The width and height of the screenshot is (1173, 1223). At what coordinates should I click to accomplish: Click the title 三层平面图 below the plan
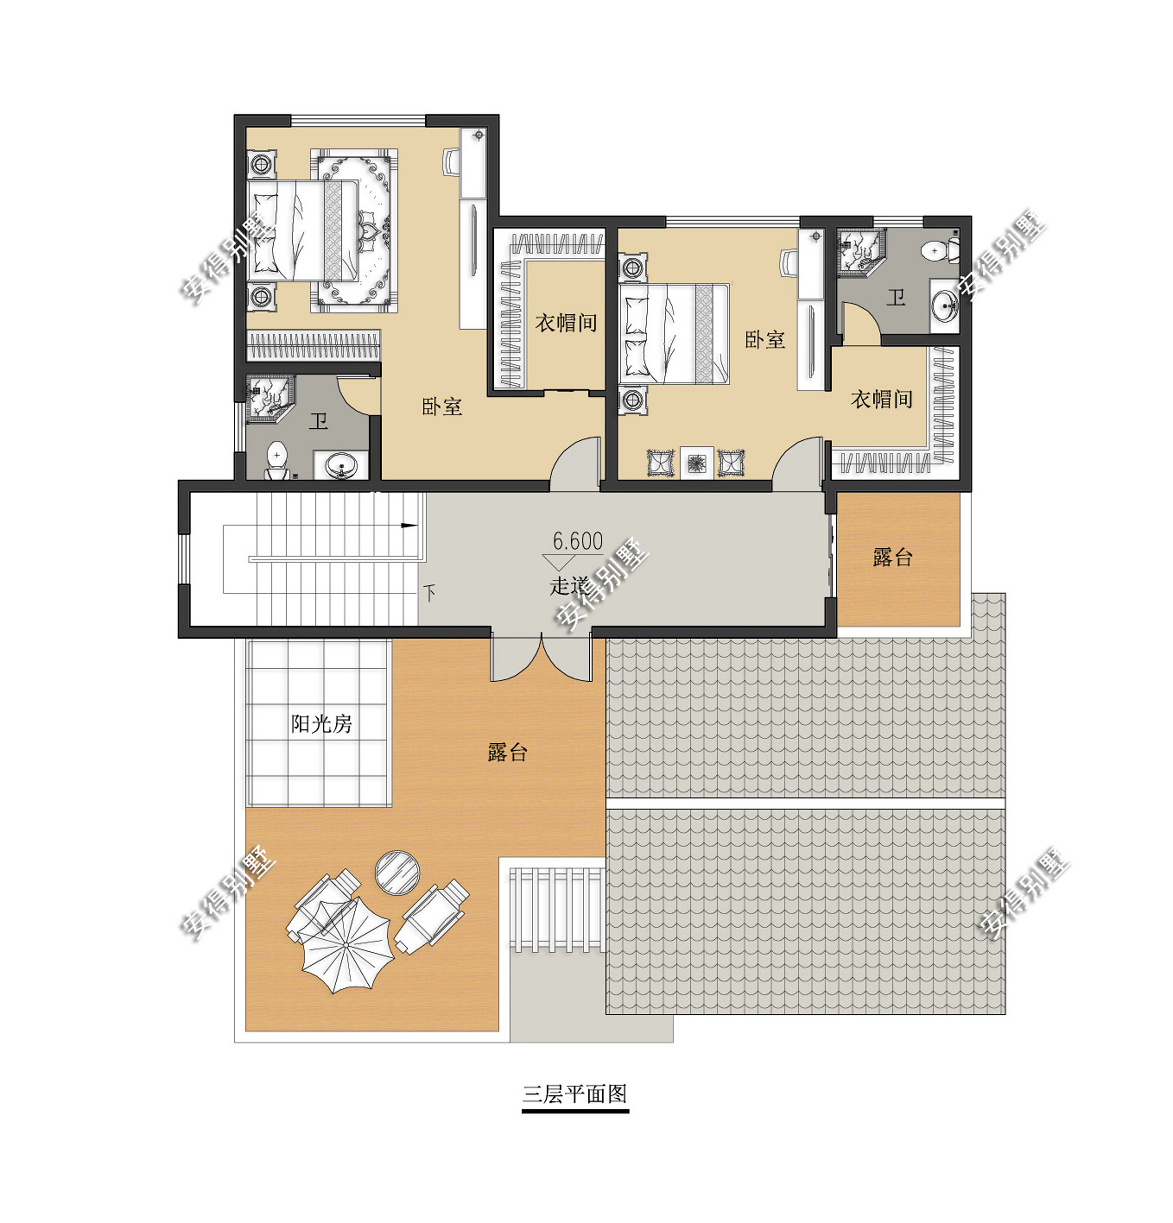tap(574, 1093)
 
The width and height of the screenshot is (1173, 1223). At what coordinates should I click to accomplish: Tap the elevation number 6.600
tap(577, 541)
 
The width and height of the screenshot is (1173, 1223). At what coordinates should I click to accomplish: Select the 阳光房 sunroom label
tap(321, 724)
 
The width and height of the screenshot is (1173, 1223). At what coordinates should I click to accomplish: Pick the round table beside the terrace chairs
tap(397, 871)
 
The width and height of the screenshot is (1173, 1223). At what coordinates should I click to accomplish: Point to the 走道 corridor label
tap(568, 586)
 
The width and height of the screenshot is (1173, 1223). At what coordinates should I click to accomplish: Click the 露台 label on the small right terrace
tap(892, 557)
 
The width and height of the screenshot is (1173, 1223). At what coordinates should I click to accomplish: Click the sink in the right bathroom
tap(945, 306)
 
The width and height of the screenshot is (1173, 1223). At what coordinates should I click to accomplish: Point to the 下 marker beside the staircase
tap(429, 592)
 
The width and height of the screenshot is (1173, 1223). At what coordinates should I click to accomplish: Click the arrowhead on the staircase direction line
tap(409, 525)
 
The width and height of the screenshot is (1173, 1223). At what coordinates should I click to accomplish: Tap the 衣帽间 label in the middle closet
tap(565, 322)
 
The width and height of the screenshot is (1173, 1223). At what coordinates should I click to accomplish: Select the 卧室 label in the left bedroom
tap(442, 407)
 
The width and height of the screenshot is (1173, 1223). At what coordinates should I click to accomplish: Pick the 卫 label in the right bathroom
tap(896, 297)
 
